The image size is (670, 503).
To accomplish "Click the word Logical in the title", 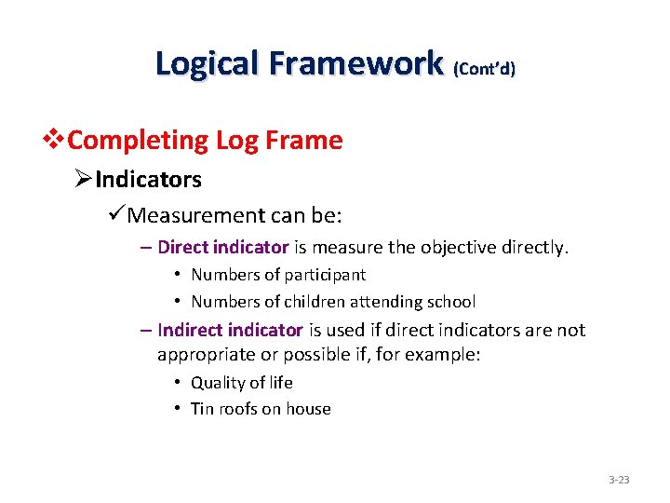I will pyautogui.click(x=208, y=63).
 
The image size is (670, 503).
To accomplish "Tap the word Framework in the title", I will pyautogui.click(x=355, y=63).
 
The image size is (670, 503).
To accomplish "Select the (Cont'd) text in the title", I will pyautogui.click(x=484, y=68).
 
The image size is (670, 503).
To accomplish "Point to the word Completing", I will pyautogui.click(x=139, y=141).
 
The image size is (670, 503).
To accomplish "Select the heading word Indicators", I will pyautogui.click(x=148, y=179).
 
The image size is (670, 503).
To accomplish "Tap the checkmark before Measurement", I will pyautogui.click(x=116, y=216).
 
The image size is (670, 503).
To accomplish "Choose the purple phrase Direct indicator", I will pyautogui.click(x=223, y=248).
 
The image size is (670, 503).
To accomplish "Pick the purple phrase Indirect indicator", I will pyautogui.click(x=231, y=330).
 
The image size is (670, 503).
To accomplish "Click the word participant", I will pyautogui.click(x=325, y=275).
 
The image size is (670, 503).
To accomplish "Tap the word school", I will pyautogui.click(x=451, y=302).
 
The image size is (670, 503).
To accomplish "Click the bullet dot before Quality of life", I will pyautogui.click(x=176, y=383).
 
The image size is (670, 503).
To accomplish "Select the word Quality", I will pyautogui.click(x=217, y=383).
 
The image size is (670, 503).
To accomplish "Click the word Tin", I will pyautogui.click(x=201, y=409).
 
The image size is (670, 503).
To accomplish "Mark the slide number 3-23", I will pyautogui.click(x=619, y=480).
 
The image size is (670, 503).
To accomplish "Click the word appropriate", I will pyautogui.click(x=204, y=355).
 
